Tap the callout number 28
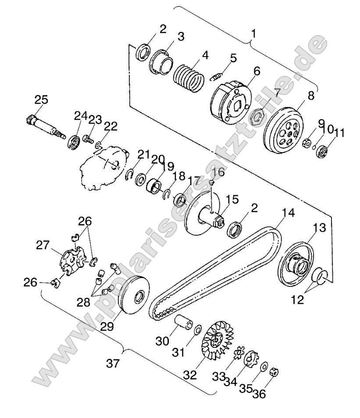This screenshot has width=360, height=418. pos(85,302)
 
